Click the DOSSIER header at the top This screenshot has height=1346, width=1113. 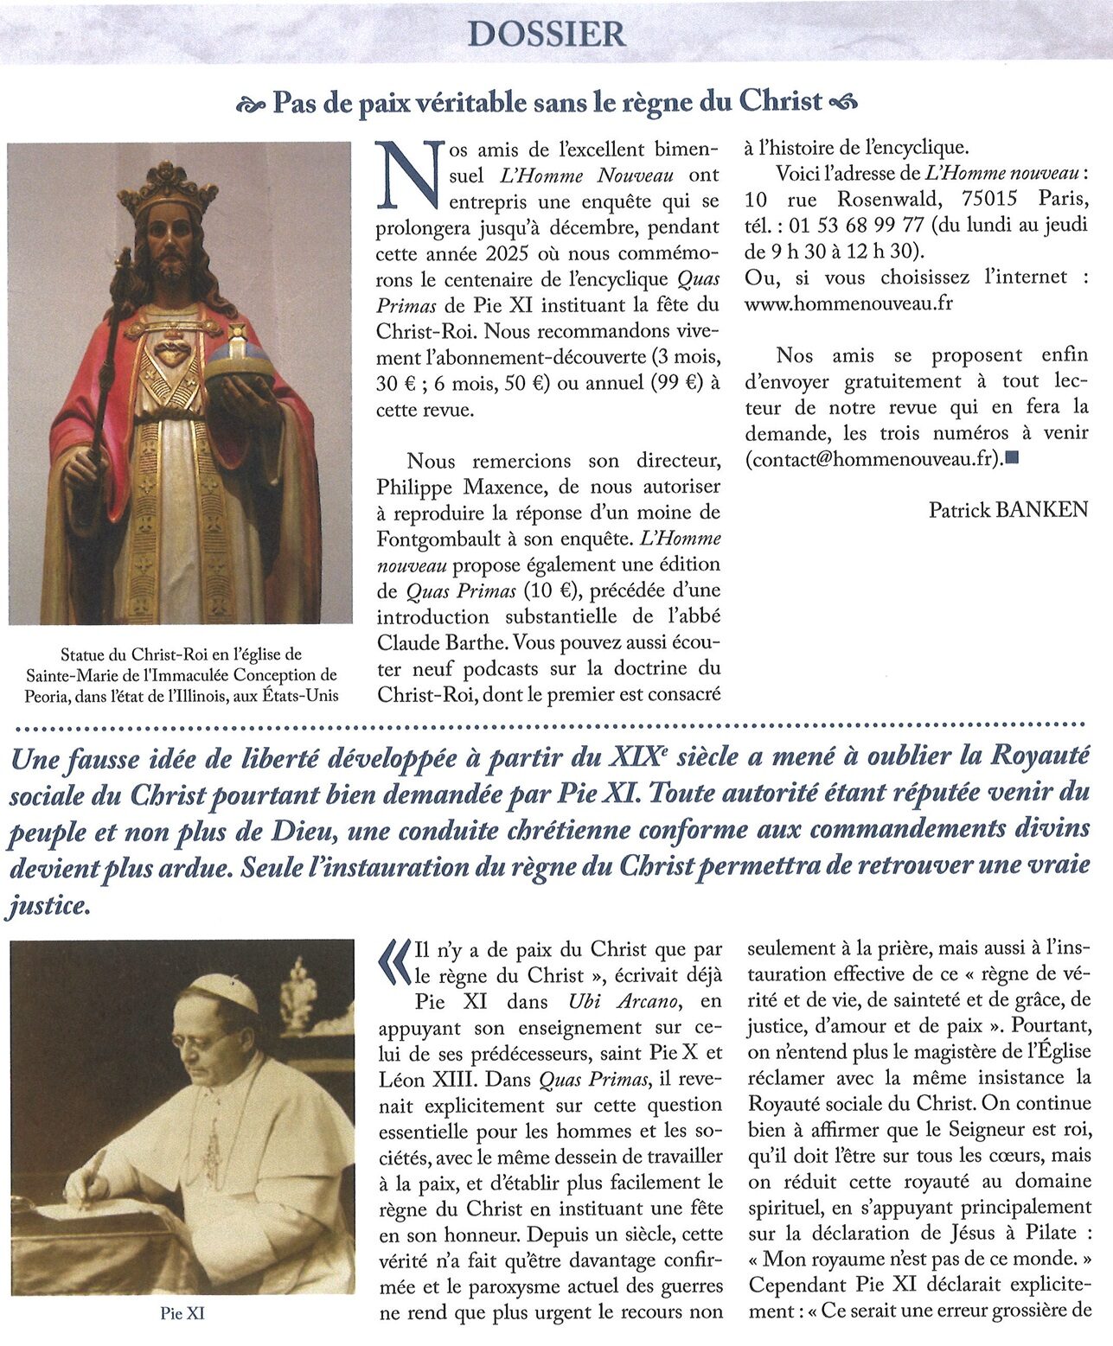(546, 34)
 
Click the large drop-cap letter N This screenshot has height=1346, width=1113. (411, 176)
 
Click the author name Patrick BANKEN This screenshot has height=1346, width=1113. (1007, 510)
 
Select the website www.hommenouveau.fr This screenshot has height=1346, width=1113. (848, 304)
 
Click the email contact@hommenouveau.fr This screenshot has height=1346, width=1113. (873, 459)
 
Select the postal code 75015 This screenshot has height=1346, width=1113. (982, 200)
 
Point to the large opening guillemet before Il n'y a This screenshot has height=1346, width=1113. (394, 962)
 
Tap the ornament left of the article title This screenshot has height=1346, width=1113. (252, 104)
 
